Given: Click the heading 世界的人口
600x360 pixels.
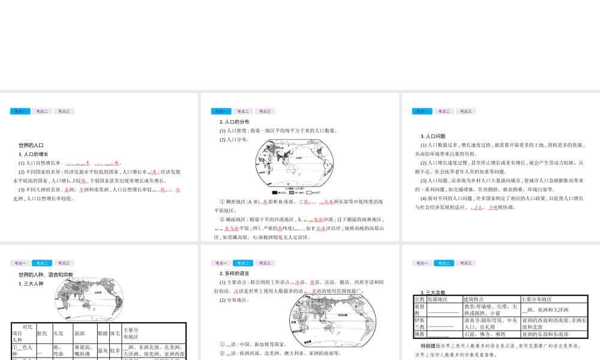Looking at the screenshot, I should click(x=31, y=145).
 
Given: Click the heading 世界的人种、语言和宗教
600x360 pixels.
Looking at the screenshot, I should click(x=46, y=275).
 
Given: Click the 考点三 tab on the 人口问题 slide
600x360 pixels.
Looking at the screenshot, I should click(x=466, y=111).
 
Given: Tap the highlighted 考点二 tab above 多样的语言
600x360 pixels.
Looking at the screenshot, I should click(x=243, y=263).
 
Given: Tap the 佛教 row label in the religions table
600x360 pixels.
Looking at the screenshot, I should click(x=420, y=334).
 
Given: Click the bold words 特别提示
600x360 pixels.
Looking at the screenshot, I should click(x=431, y=346).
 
